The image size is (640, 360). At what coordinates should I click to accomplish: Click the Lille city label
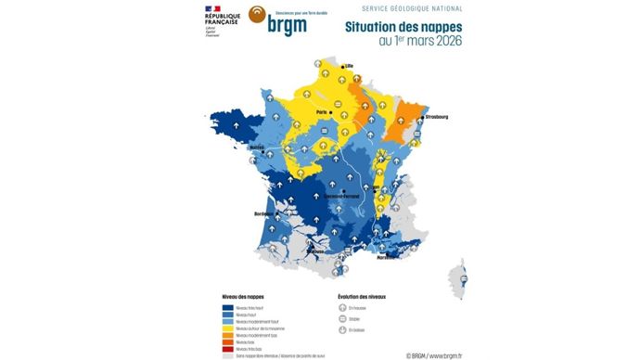(x=351, y=67)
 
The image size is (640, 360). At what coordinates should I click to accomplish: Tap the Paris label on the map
(x=324, y=112)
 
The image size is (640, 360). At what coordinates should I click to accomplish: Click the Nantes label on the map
(x=257, y=147)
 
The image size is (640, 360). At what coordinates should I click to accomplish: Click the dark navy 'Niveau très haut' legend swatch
(x=227, y=307)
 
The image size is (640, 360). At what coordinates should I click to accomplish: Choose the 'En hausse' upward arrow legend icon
(x=342, y=307)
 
